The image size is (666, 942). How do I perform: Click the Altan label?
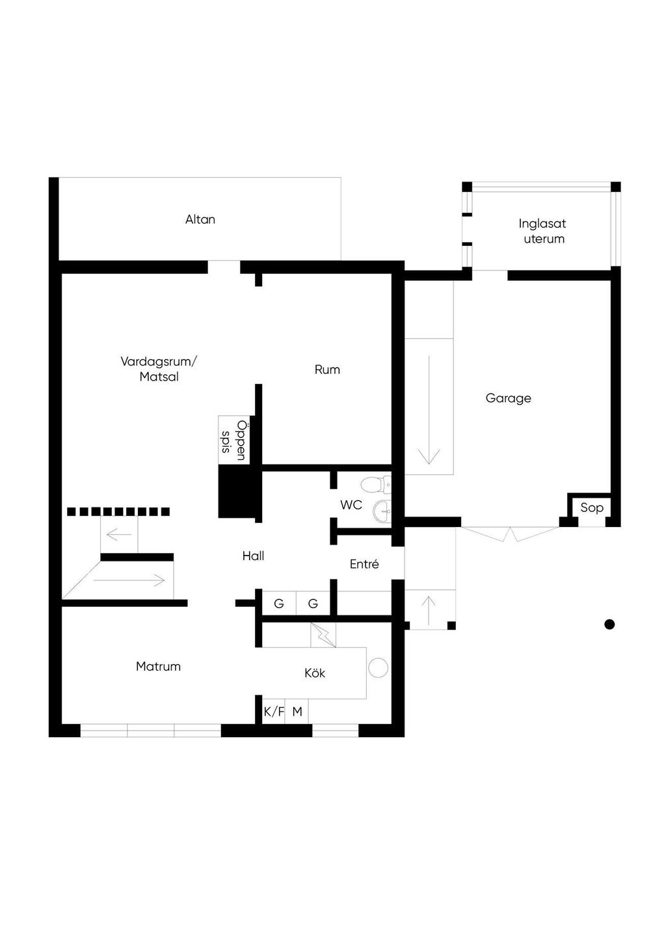(x=200, y=219)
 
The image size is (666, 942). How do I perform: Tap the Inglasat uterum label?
(x=542, y=231)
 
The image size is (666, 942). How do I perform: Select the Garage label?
(x=508, y=398)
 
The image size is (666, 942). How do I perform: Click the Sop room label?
(x=592, y=507)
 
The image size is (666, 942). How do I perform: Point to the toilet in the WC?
(x=377, y=485)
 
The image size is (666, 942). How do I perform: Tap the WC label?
(x=351, y=505)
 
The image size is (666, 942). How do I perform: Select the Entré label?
(x=364, y=564)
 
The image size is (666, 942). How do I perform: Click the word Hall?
(x=253, y=556)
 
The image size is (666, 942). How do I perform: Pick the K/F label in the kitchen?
(x=274, y=712)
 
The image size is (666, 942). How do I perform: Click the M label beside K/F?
(x=297, y=712)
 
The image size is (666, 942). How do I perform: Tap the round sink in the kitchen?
(x=378, y=667)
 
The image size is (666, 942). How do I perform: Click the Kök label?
(x=315, y=673)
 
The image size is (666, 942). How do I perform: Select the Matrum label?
(x=158, y=666)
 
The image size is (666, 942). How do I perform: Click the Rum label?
(x=327, y=370)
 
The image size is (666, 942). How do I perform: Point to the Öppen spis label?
(x=233, y=440)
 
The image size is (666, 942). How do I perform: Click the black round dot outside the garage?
(x=609, y=625)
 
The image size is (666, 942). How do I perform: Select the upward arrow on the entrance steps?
(x=429, y=610)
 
